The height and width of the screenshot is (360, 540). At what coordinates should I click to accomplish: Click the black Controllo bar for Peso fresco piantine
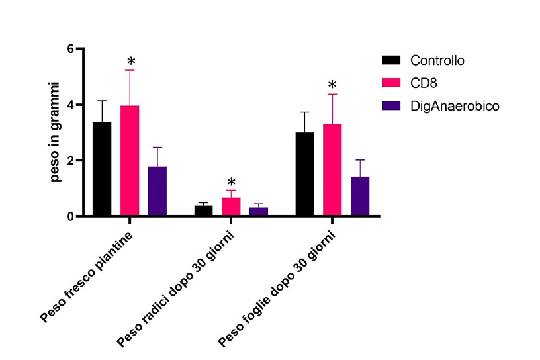[102, 169]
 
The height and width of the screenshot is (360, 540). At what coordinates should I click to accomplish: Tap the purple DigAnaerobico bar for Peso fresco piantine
[157, 191]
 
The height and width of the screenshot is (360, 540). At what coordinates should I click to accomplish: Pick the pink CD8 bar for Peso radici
[231, 206]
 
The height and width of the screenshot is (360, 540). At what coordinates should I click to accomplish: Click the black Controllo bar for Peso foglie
[305, 174]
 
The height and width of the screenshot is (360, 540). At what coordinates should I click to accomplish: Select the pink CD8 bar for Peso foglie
[332, 170]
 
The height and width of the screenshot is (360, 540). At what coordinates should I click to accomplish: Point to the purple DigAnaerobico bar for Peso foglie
[360, 196]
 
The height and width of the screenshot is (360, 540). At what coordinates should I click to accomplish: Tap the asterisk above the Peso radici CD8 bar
[231, 182]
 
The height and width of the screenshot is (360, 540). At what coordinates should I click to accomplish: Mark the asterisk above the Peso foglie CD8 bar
[332, 85]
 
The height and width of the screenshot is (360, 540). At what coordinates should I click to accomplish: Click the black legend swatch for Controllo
[392, 60]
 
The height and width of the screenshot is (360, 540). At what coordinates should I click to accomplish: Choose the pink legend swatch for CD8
[392, 83]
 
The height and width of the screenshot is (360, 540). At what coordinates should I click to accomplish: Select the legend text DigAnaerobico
[454, 105]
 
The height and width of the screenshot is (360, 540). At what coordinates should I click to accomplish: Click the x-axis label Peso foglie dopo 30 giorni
[277, 289]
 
